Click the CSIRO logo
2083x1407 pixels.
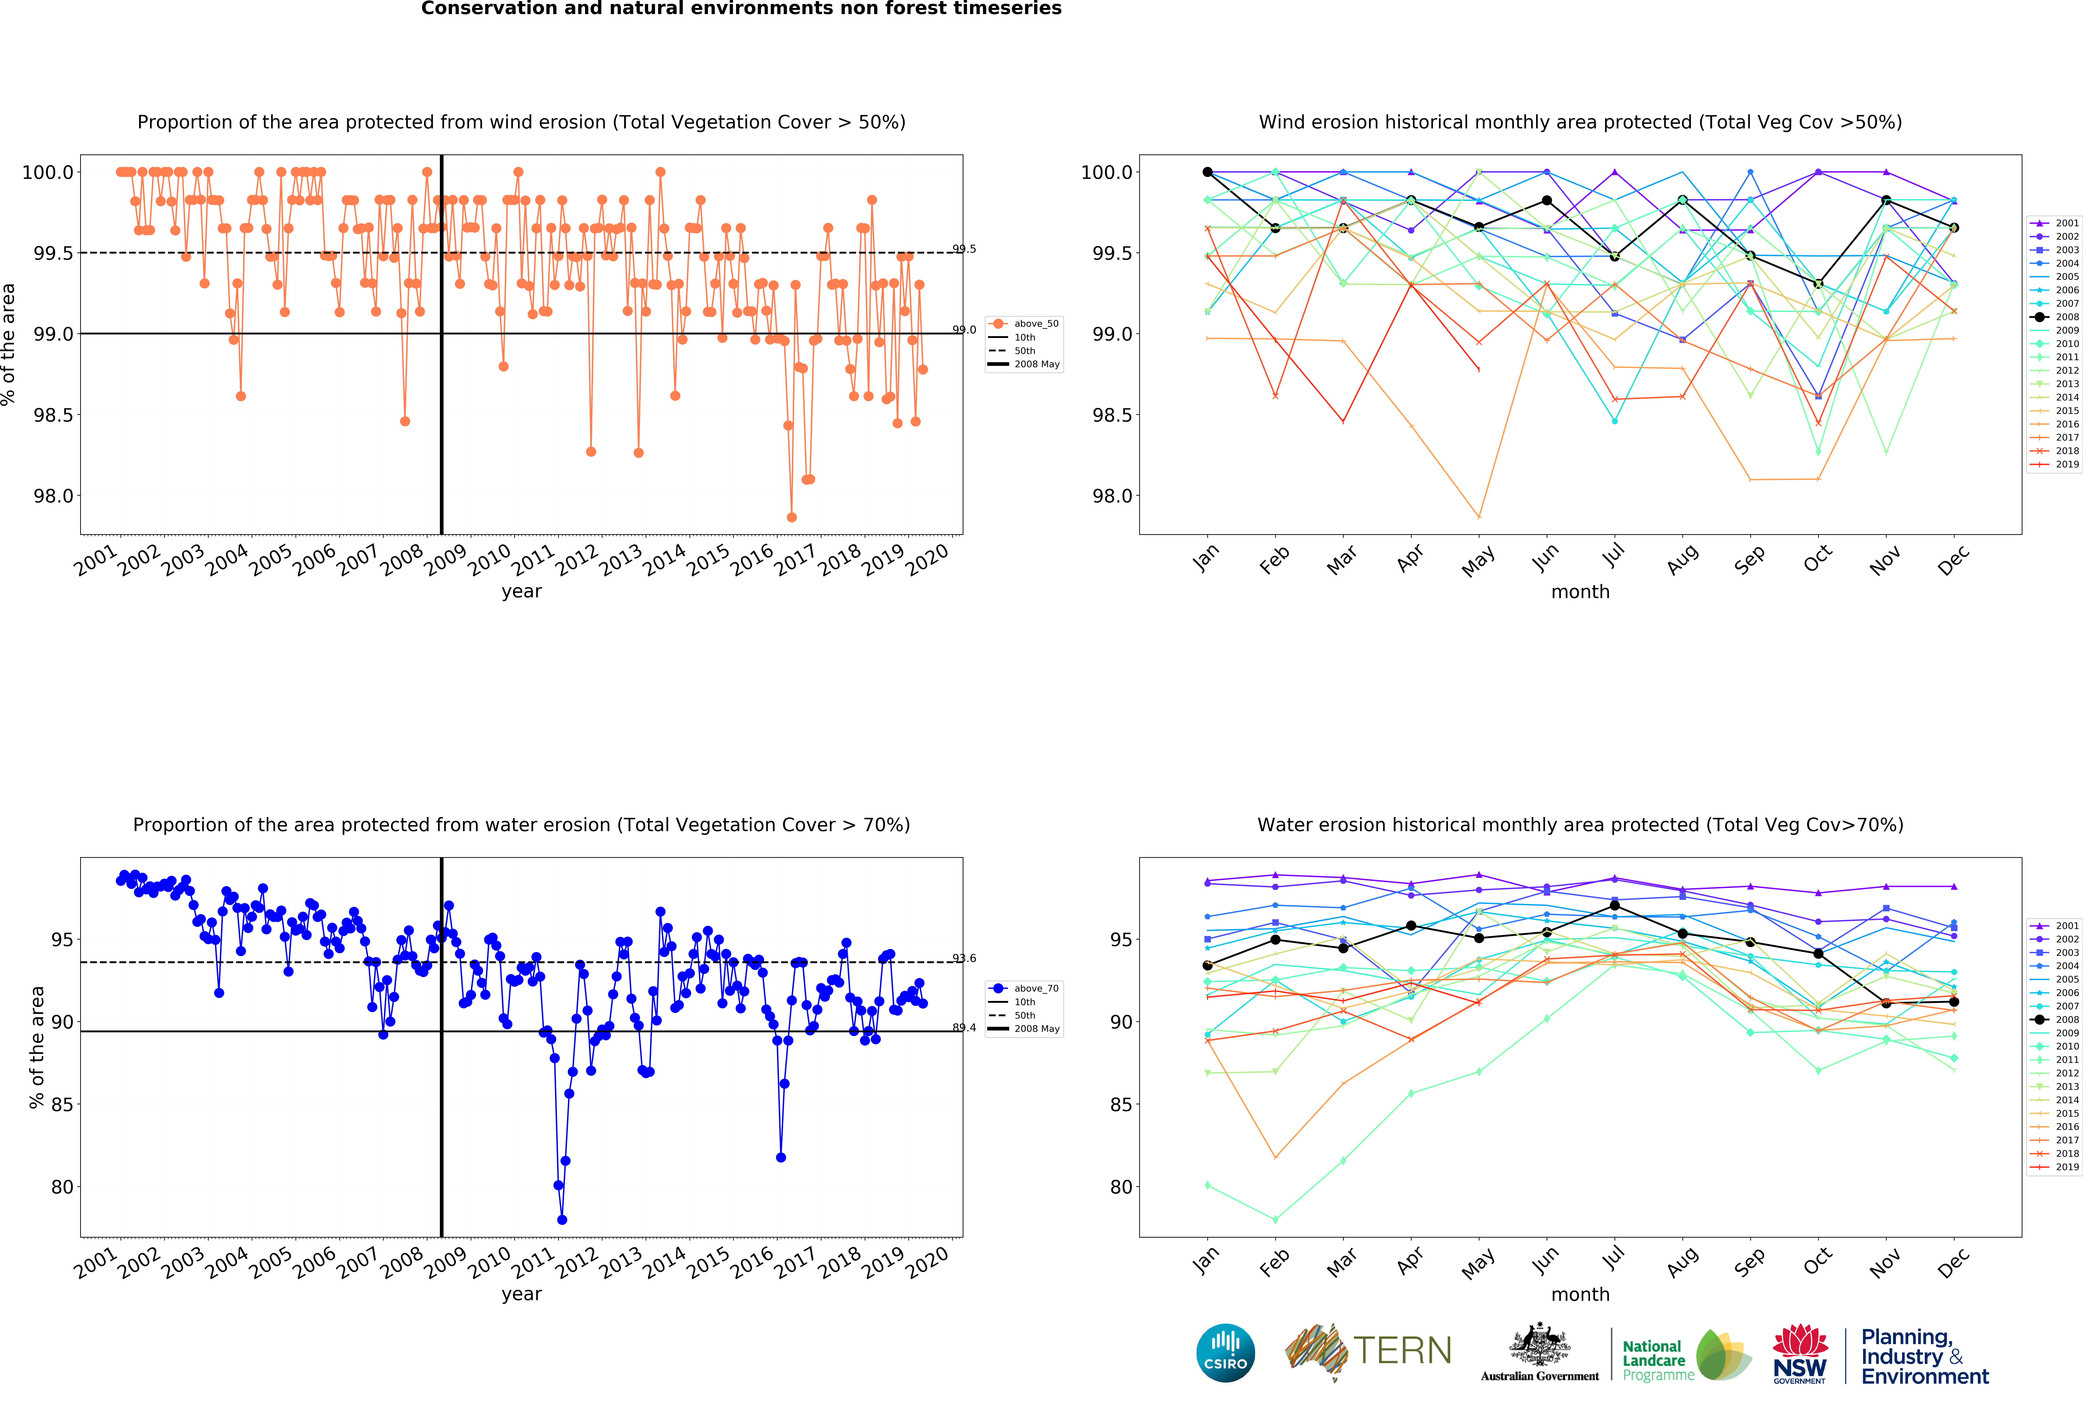(x=1225, y=1352)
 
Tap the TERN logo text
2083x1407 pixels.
(x=1403, y=1351)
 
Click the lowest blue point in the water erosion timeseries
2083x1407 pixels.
(x=562, y=1220)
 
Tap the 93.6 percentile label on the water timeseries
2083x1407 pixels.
(x=964, y=958)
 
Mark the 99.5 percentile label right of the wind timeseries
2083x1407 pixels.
(x=964, y=249)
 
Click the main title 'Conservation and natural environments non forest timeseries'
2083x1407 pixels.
(x=741, y=9)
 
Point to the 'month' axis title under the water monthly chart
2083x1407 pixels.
(x=1580, y=1294)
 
